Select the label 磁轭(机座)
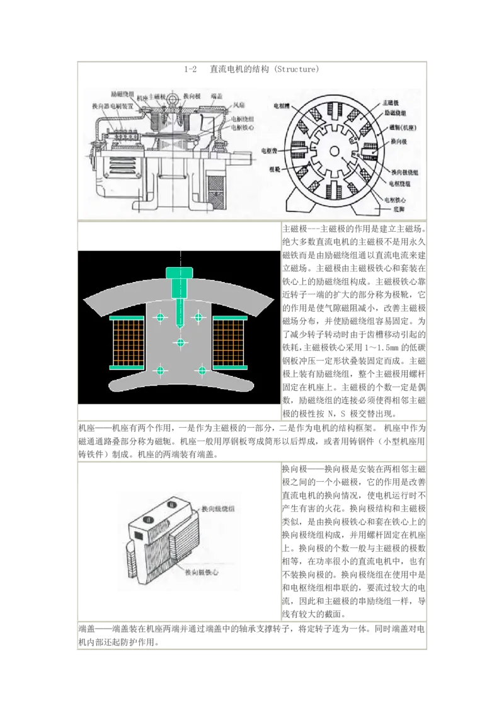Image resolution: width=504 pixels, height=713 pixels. click(399, 127)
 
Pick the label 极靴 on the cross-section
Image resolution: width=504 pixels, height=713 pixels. click(275, 170)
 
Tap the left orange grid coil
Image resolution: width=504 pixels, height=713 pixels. click(127, 342)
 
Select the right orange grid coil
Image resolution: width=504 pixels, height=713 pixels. click(229, 342)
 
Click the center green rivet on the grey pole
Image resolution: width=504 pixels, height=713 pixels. click(181, 343)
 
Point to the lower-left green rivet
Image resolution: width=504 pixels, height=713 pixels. click(160, 370)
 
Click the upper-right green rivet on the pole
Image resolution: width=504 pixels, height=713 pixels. click(199, 316)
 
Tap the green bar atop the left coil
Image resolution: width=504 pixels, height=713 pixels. click(127, 316)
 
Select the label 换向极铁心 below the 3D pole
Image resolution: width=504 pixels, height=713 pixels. click(205, 572)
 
